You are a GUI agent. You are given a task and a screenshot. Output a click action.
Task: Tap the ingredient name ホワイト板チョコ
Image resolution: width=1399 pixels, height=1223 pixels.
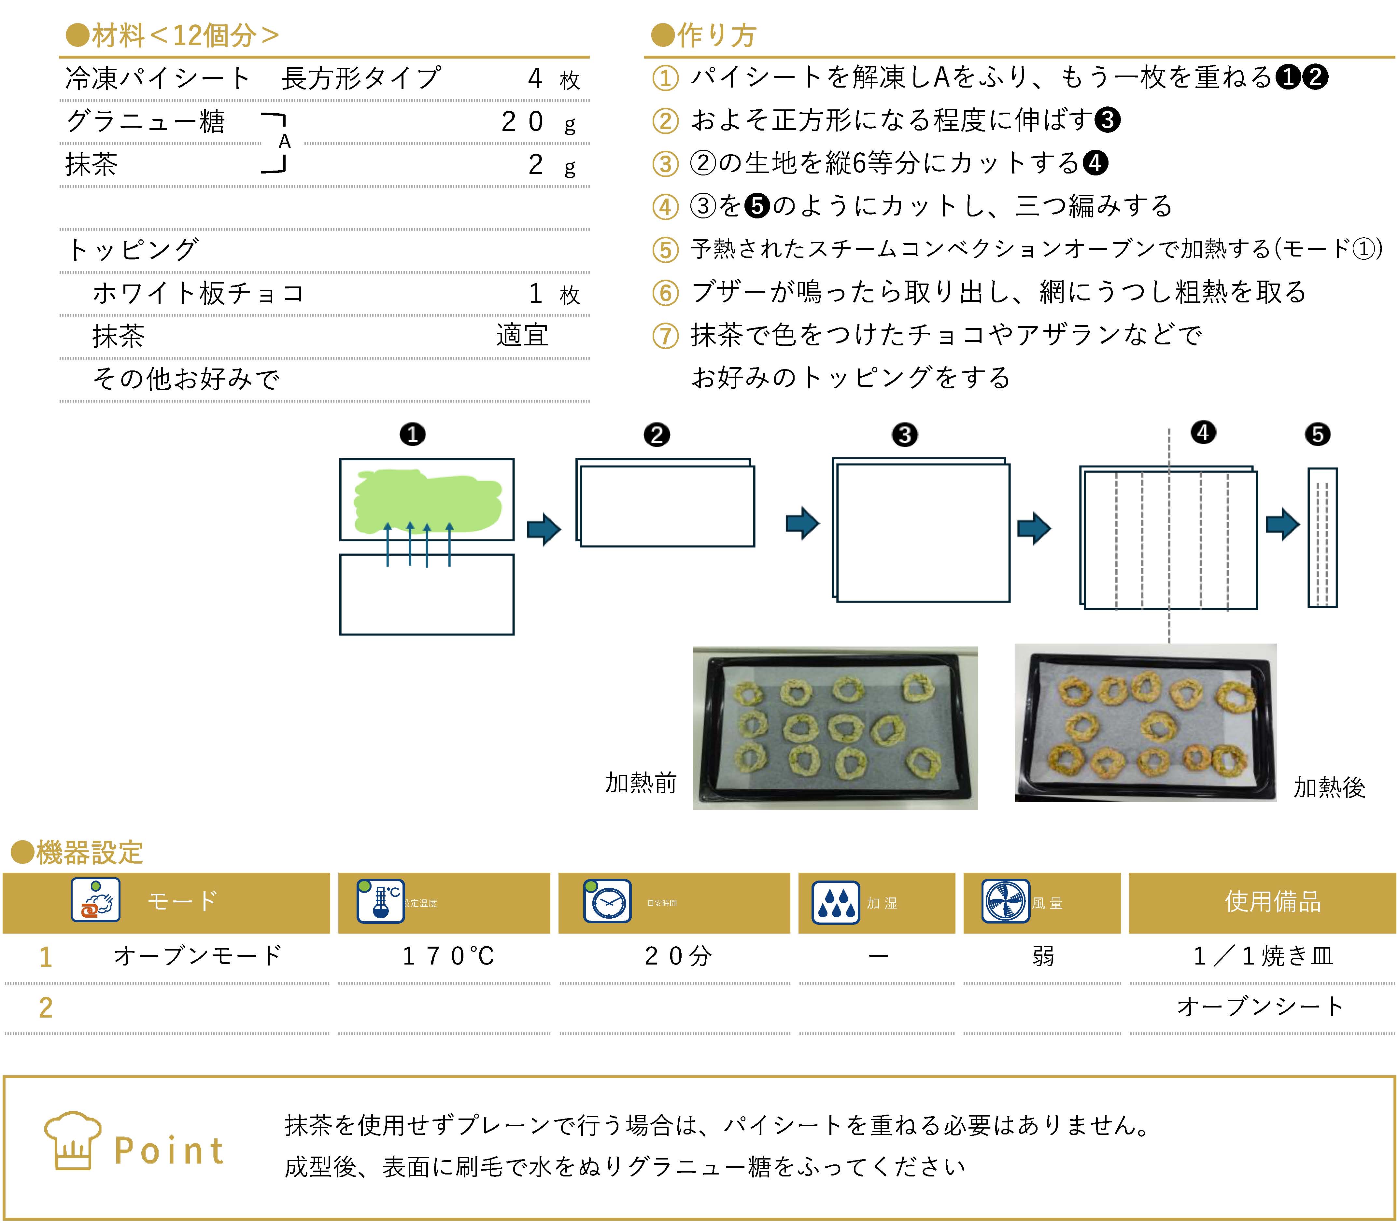(198, 294)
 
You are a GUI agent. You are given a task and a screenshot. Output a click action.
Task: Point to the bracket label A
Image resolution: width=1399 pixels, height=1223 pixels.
(285, 142)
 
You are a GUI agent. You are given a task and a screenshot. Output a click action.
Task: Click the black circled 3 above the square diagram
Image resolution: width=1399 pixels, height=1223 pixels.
(905, 435)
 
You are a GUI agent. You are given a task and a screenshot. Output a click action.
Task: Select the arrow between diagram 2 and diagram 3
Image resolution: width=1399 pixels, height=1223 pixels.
(802, 523)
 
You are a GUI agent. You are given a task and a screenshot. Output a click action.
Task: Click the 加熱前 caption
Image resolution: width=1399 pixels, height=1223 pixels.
(641, 783)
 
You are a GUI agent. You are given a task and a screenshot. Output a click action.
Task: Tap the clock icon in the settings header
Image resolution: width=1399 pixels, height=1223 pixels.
(607, 901)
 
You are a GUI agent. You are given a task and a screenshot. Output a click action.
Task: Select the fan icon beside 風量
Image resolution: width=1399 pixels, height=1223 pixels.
(1005, 901)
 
